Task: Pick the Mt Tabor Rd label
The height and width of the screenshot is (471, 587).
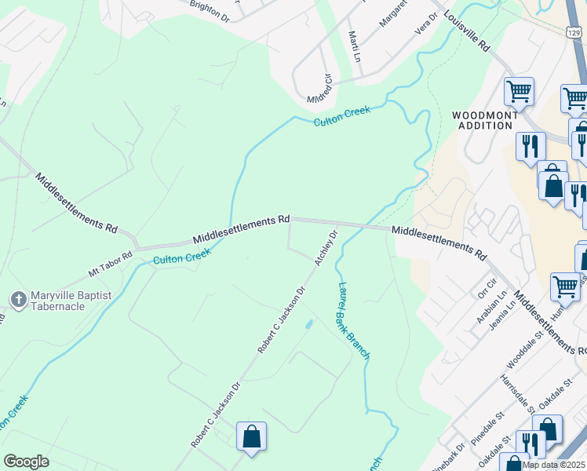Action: click(111, 263)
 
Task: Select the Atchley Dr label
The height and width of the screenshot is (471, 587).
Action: click(326, 248)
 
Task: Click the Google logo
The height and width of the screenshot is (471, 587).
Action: click(27, 462)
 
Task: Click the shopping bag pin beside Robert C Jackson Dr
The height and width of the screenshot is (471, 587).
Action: click(251, 436)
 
